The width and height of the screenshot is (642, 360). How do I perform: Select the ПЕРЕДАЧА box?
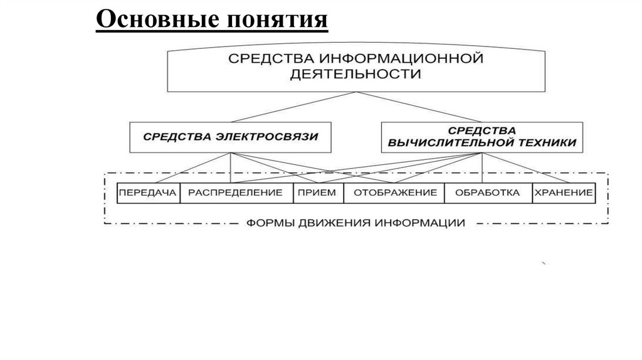pos(149,193)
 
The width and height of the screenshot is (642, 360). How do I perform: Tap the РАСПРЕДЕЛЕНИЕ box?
pos(236,193)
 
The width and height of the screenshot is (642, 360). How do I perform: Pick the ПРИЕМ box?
pos(317,193)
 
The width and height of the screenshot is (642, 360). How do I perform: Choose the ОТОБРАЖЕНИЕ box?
pos(394,193)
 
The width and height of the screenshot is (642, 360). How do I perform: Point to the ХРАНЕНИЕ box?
pos(563,193)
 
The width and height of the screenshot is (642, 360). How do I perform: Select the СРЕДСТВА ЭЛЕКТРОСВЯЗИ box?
pos(229,136)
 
